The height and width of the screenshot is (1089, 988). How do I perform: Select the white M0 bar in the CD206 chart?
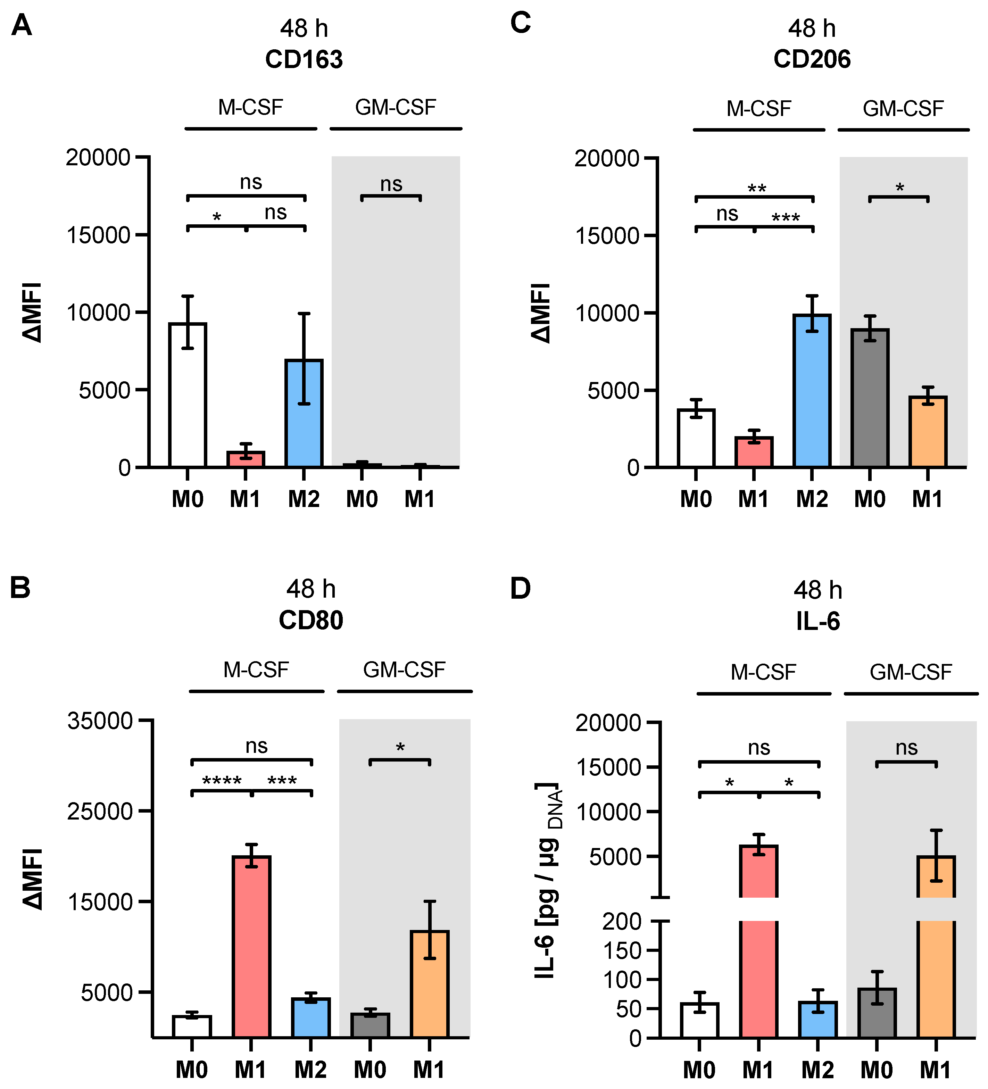(696, 438)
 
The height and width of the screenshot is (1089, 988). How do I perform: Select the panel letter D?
(520, 589)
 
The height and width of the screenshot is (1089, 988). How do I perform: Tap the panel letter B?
(20, 588)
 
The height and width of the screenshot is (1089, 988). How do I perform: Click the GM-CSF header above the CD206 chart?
(903, 109)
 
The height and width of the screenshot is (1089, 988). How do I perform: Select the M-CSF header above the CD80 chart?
(256, 670)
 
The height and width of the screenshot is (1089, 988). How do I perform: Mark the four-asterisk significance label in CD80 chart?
(222, 781)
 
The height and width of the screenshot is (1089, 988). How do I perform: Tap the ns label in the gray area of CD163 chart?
(391, 184)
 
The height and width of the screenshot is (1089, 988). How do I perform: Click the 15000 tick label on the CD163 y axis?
(98, 235)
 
